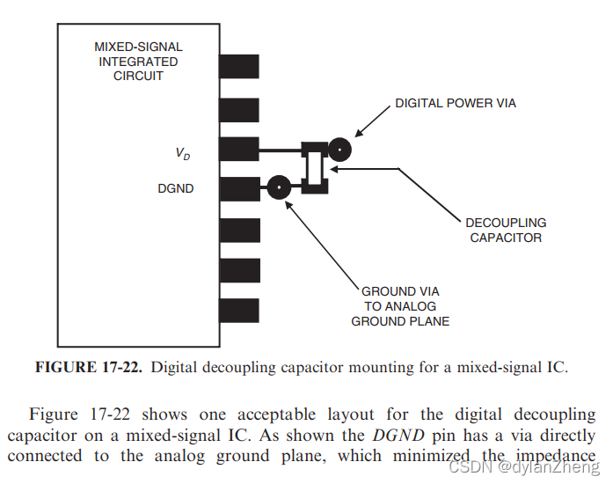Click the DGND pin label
tap(177, 188)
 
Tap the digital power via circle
tap(339, 150)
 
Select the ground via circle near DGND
tap(279, 187)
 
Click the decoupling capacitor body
tap(313, 166)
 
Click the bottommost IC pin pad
tap(238, 310)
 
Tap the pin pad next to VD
tap(238, 149)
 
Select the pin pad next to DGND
tap(238, 189)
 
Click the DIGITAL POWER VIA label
tap(455, 104)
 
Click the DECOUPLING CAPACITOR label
tap(506, 231)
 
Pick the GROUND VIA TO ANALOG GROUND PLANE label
tap(400, 306)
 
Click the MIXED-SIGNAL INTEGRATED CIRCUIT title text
tap(138, 61)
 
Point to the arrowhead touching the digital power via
tap(356, 137)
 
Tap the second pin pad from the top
tap(238, 109)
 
